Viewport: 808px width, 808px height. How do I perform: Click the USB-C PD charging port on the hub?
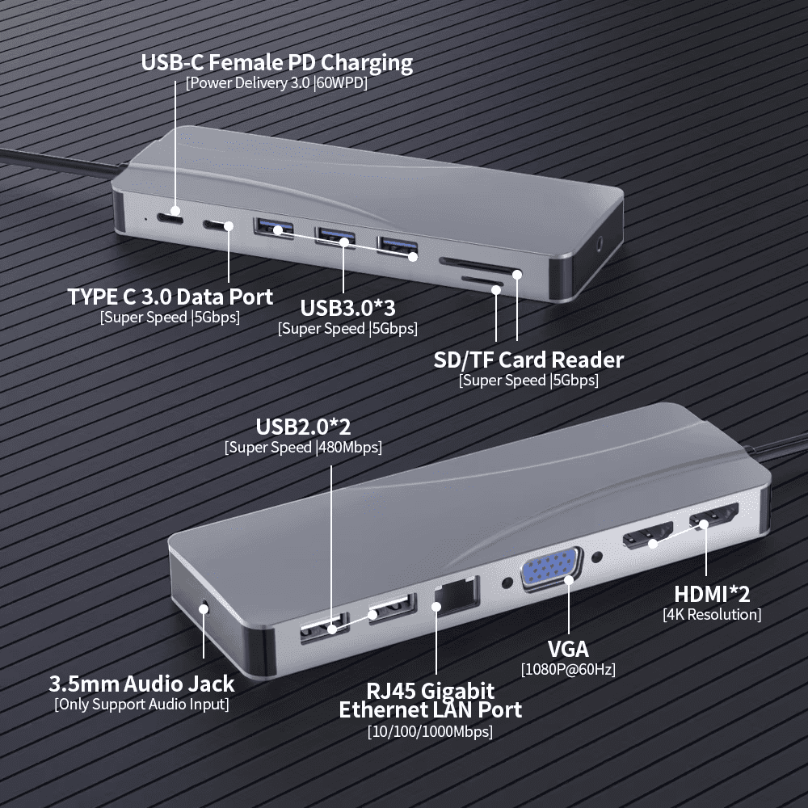(x=171, y=217)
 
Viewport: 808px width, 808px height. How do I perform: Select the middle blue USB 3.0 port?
(x=335, y=237)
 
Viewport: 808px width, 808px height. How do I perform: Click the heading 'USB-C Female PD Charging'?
(x=276, y=62)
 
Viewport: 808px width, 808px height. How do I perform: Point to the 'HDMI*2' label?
(x=712, y=594)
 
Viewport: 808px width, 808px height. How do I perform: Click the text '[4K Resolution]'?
(x=711, y=614)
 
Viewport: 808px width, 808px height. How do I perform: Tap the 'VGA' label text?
(x=567, y=648)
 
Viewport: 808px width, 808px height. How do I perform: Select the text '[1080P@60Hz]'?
(x=567, y=669)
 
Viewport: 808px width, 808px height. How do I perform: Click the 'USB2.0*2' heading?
(x=303, y=427)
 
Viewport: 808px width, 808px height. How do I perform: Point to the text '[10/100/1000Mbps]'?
(x=430, y=731)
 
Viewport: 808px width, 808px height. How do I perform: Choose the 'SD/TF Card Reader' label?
(x=528, y=360)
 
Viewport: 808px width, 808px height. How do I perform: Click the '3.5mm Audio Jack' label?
(x=141, y=684)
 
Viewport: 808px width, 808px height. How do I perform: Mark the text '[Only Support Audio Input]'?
(x=141, y=704)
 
